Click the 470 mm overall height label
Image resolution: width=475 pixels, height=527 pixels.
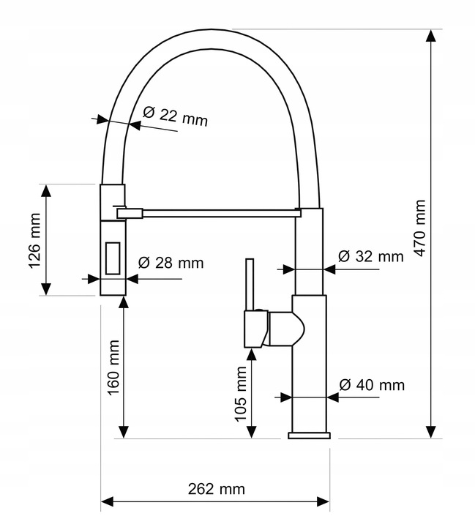[x=420, y=228]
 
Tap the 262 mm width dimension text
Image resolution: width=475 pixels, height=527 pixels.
[x=216, y=489]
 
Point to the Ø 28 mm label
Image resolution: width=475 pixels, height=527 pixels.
[x=171, y=263]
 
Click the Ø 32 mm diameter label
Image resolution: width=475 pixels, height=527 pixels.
[x=371, y=256]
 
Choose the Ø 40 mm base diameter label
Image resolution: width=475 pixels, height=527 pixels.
[x=372, y=385]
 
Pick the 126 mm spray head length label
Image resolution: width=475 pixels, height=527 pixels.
[x=35, y=241]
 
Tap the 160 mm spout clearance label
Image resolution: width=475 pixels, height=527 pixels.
[x=113, y=367]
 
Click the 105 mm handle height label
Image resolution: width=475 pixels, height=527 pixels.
[x=241, y=394]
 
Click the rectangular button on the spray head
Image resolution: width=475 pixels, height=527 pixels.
[x=113, y=258]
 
